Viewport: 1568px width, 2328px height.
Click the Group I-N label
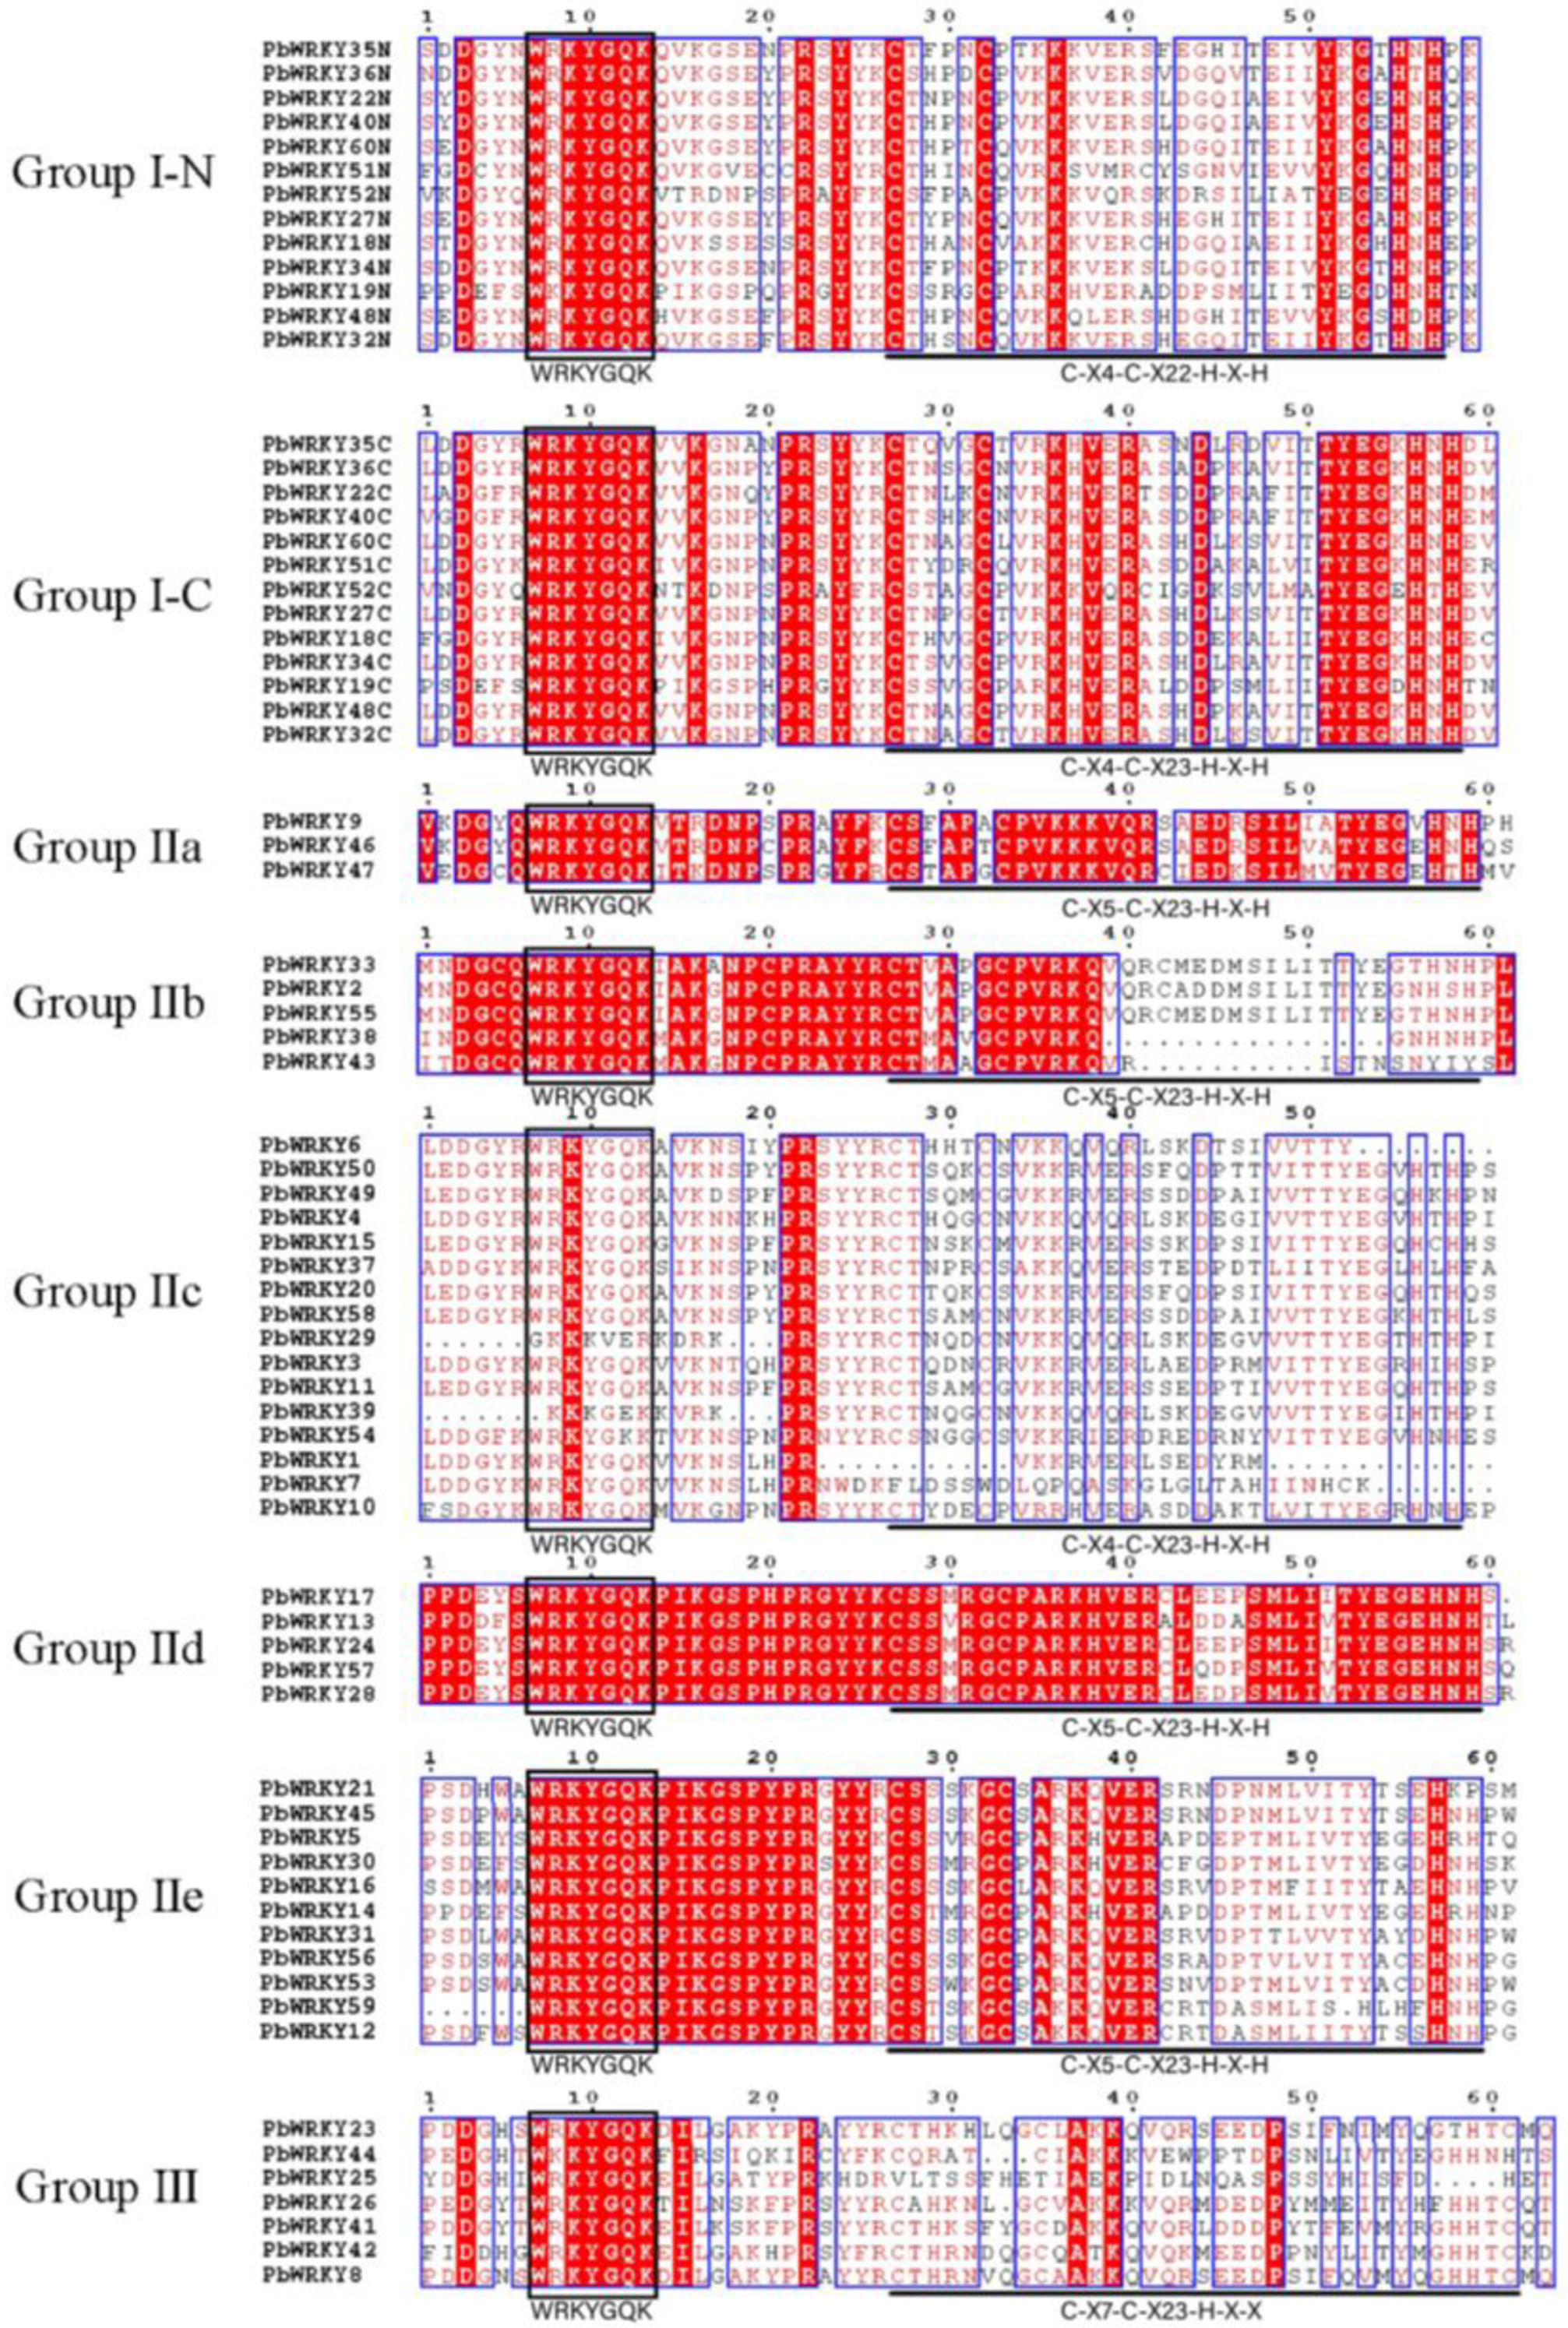point(112,173)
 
